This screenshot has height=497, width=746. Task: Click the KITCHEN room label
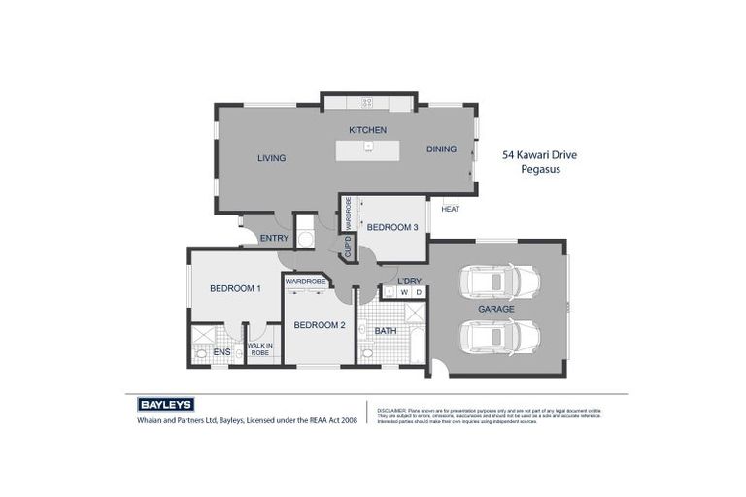click(x=368, y=130)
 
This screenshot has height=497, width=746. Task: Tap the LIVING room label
click(x=271, y=158)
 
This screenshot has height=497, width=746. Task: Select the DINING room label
click(x=441, y=149)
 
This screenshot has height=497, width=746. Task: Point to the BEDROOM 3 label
click(x=391, y=227)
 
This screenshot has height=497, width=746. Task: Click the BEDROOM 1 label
click(x=235, y=288)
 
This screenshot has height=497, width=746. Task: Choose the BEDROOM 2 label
click(x=320, y=325)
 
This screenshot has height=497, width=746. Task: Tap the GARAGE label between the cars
click(x=495, y=309)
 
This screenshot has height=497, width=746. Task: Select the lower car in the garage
click(x=499, y=338)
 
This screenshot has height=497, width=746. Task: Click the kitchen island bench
click(x=369, y=149)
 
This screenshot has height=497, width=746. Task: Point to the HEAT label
click(x=450, y=209)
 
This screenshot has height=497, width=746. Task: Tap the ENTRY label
click(x=274, y=239)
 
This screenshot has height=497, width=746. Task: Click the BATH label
click(x=386, y=331)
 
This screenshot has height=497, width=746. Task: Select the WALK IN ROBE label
click(x=259, y=348)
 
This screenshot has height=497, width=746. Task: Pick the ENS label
click(x=221, y=352)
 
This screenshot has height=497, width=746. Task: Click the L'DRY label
click(x=409, y=282)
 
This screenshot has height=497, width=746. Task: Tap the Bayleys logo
click(x=160, y=404)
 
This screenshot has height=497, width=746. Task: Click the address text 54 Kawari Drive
click(x=546, y=154)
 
